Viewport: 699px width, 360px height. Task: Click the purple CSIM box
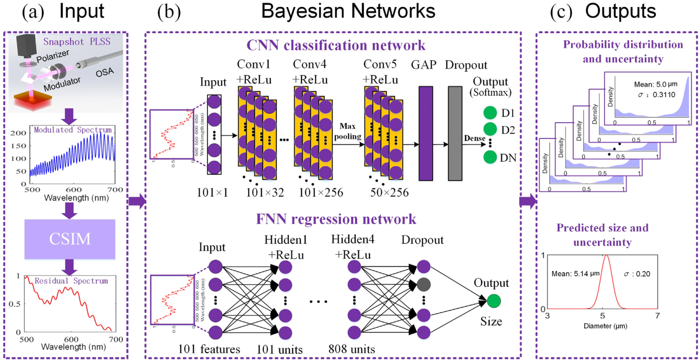(70, 239)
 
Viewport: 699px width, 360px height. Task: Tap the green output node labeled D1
(490, 113)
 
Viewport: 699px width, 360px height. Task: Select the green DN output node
(490, 157)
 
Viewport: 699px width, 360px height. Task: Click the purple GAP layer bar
(425, 133)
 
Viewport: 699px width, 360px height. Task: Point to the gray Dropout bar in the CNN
(455, 133)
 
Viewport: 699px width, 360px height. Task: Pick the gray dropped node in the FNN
(423, 285)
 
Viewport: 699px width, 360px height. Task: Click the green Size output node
(494, 301)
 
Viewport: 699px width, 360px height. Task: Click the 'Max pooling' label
(348, 131)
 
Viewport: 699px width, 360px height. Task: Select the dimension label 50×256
(389, 193)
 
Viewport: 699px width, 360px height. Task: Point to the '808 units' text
(351, 350)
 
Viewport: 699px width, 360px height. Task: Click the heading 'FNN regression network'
(336, 219)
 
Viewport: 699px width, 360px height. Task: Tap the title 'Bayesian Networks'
(348, 11)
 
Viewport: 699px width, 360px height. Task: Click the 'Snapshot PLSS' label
(77, 42)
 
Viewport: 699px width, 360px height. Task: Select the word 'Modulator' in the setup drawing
(62, 84)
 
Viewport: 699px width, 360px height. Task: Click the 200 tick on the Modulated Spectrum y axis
(18, 133)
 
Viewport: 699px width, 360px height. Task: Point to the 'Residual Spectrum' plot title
(71, 281)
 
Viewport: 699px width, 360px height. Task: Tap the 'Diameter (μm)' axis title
(605, 326)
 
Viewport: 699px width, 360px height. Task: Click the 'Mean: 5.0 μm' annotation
(655, 84)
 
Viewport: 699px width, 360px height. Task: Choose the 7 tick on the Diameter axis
(657, 315)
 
